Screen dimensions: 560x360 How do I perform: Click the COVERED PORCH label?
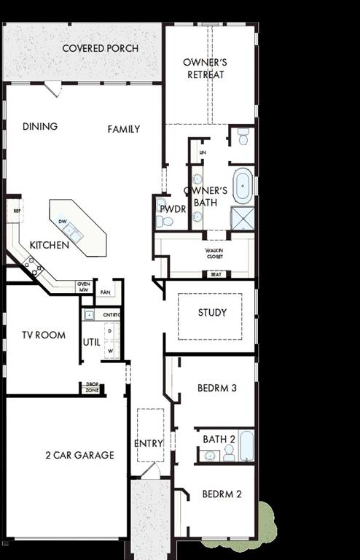click(101, 49)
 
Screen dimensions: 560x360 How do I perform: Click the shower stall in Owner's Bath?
click(243, 218)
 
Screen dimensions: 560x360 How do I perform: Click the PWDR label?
click(173, 209)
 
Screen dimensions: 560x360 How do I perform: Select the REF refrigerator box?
click(16, 211)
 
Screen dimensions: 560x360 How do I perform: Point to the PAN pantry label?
click(106, 292)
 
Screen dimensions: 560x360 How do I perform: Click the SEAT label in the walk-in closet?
click(216, 275)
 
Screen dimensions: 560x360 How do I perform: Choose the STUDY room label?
click(212, 313)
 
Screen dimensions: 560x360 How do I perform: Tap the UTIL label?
click(90, 341)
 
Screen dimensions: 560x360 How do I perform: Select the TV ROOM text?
click(44, 335)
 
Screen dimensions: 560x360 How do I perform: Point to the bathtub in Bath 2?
click(246, 446)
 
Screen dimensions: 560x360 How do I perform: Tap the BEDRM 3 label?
click(217, 388)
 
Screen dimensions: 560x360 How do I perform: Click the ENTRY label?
click(149, 443)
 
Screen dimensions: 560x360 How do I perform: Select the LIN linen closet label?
click(203, 152)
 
